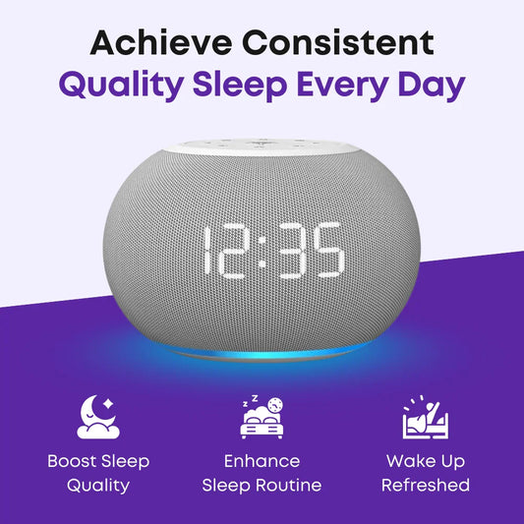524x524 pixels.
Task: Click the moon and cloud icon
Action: [x=97, y=416]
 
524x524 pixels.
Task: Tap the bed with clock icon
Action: [x=262, y=416]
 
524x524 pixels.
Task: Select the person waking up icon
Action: [x=426, y=416]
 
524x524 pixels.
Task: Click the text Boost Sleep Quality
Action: [x=97, y=473]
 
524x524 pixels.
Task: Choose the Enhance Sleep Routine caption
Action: [x=262, y=473]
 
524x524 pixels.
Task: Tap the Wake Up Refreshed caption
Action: [x=426, y=473]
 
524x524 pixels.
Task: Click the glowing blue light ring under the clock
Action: [x=261, y=352]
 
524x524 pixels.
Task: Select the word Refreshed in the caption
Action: [x=426, y=486]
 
